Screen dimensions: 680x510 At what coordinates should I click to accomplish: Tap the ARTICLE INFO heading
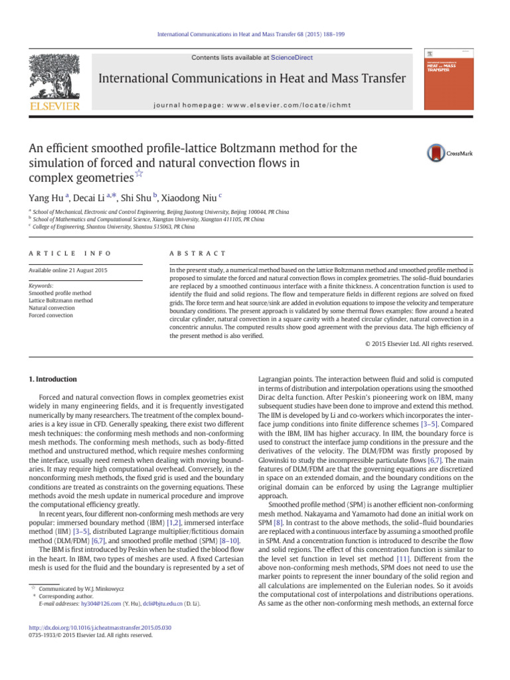[x=65, y=254]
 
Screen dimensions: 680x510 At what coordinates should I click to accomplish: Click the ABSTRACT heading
[x=199, y=254]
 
